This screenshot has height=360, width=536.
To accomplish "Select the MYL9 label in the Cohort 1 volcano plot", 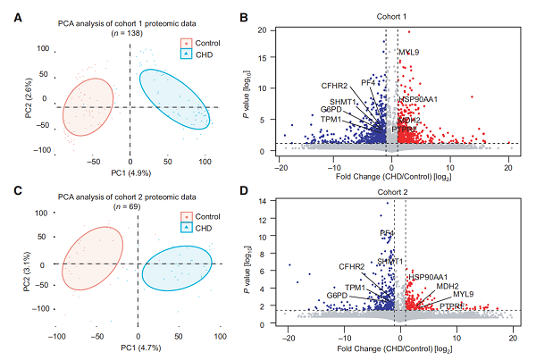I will pos(409,53).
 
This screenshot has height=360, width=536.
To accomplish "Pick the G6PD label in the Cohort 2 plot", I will pos(337,295).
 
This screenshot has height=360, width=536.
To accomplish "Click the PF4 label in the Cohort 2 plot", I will pos(388,233).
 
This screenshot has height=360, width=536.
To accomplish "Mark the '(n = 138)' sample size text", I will pos(130,31).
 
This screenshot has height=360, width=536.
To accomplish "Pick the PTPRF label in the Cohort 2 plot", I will pos(452,306).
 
